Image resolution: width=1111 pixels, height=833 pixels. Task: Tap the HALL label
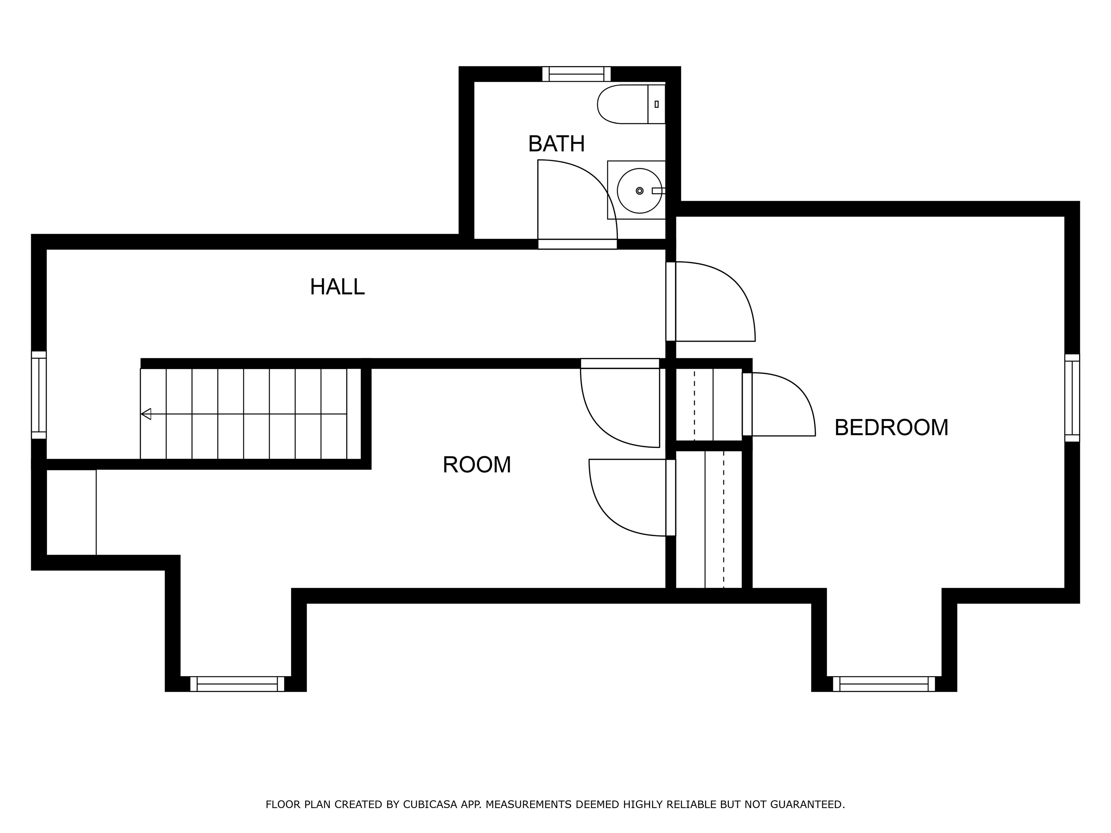coord(337,287)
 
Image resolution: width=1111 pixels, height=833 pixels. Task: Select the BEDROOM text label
coord(891,428)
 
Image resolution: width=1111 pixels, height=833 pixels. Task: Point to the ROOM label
coord(477,465)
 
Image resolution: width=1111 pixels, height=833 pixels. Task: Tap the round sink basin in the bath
coord(639,191)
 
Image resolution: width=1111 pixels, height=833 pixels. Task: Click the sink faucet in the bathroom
coord(659,191)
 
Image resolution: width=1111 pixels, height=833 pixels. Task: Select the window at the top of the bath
coord(576,74)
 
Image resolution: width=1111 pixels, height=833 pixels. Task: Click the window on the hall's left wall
coord(39,395)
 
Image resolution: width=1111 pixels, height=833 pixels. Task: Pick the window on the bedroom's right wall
coord(1072,398)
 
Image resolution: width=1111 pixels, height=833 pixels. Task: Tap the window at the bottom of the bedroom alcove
coord(884,684)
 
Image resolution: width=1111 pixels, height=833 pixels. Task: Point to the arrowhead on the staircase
coord(146,414)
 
